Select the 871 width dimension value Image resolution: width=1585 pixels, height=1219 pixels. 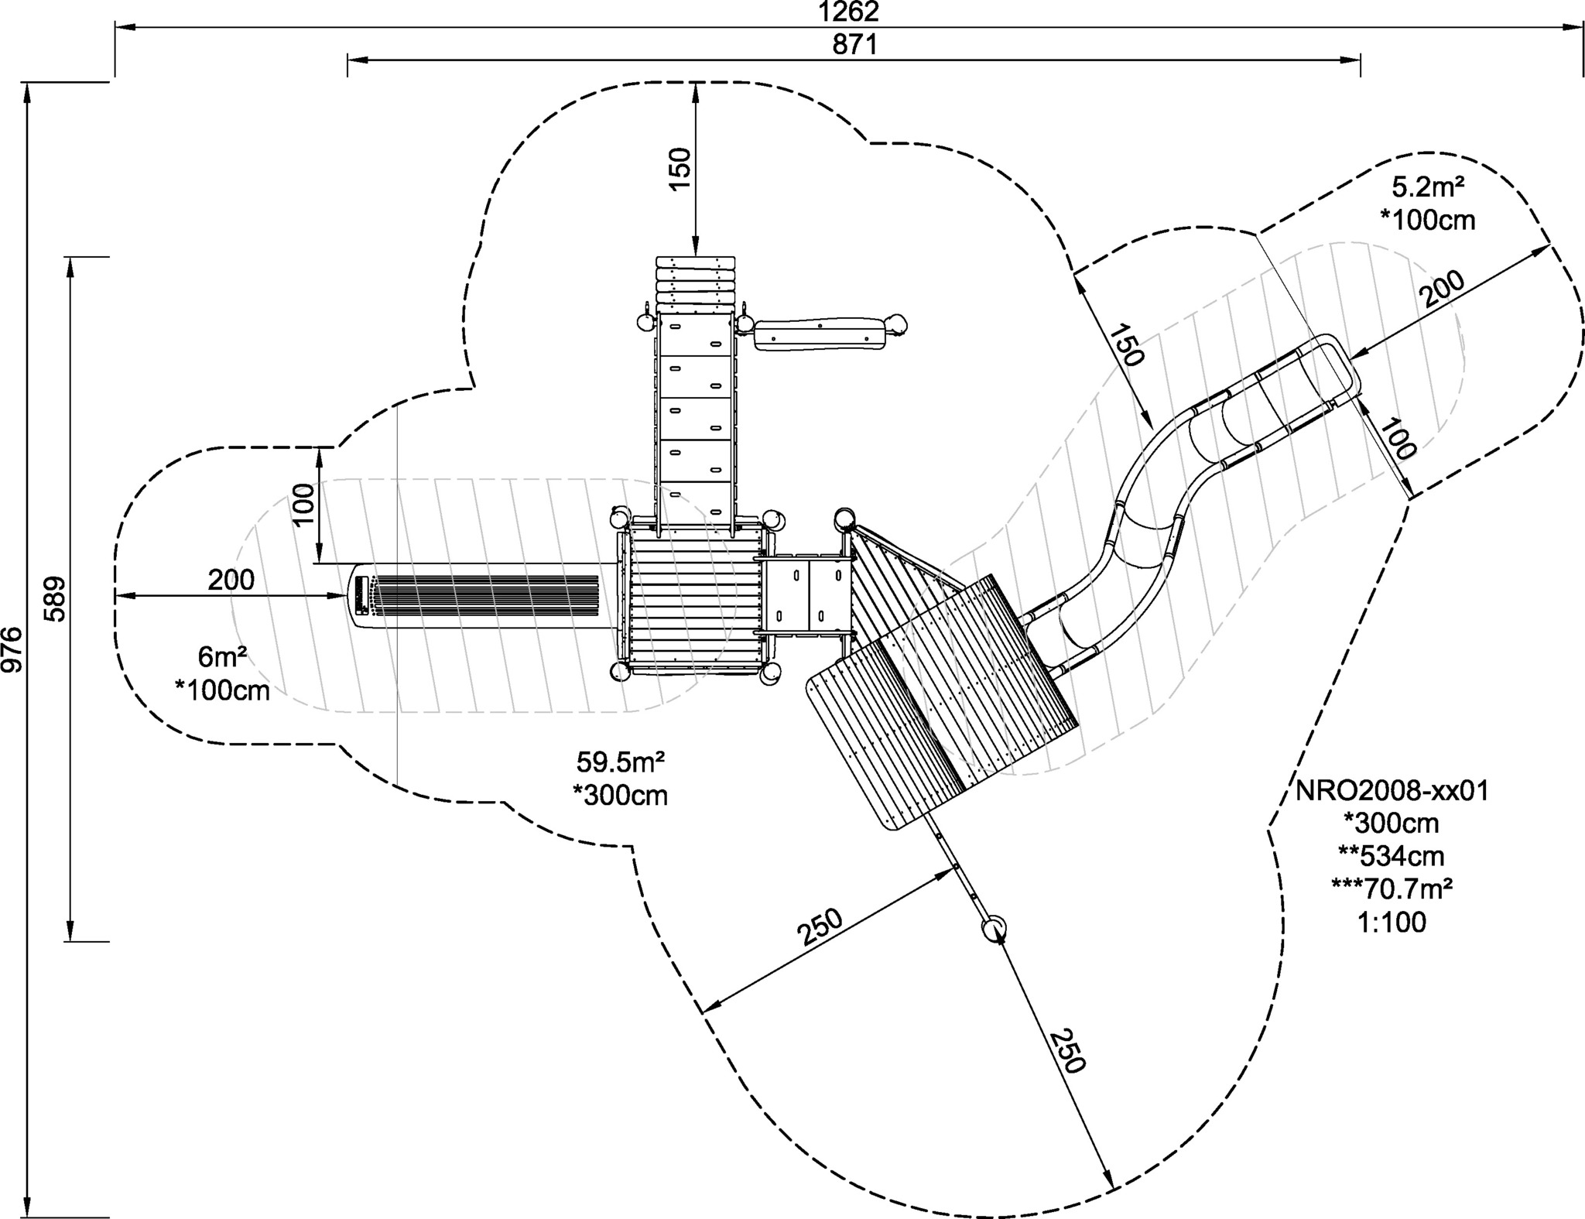pyautogui.click(x=854, y=46)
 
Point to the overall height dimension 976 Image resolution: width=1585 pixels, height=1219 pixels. pyautogui.click(x=14, y=649)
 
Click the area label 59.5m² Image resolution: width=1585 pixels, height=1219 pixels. pyautogui.click(x=621, y=762)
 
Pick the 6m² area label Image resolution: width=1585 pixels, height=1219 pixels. pyautogui.click(x=223, y=657)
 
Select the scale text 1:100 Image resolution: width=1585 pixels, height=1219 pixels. pyautogui.click(x=1392, y=923)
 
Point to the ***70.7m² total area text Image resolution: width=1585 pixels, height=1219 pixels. pyautogui.click(x=1392, y=889)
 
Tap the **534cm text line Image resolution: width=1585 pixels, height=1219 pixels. pyautogui.click(x=1392, y=856)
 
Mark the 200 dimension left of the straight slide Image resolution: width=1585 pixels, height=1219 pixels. pyautogui.click(x=231, y=580)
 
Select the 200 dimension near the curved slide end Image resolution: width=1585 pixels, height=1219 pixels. pyautogui.click(x=1443, y=289)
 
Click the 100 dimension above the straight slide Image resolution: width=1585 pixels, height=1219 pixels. pyautogui.click(x=304, y=504)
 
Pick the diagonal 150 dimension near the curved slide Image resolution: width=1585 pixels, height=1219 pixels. pyautogui.click(x=1125, y=345)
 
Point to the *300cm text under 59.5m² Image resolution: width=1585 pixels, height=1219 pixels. pyautogui.click(x=621, y=795)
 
